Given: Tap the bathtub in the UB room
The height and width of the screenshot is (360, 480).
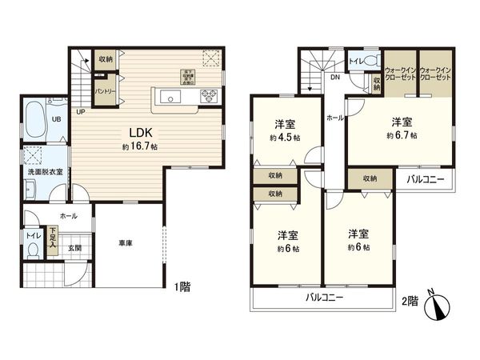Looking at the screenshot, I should click(x=38, y=121).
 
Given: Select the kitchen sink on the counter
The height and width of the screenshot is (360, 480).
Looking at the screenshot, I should click(x=170, y=98).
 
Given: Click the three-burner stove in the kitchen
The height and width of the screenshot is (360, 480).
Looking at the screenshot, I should click(x=208, y=98).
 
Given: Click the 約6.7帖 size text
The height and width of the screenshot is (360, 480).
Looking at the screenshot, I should click(x=400, y=137).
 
